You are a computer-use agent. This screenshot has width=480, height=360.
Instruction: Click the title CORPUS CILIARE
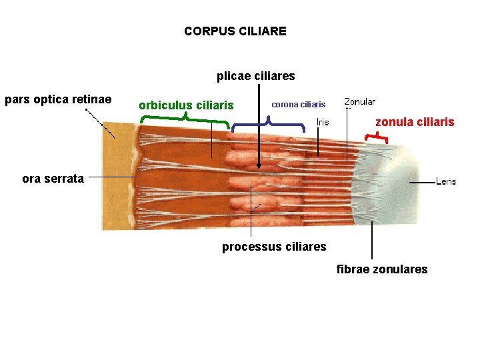(x=235, y=31)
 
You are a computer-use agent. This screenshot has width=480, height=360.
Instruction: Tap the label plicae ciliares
(x=255, y=76)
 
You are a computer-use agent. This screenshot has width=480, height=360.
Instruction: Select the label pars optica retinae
(x=58, y=100)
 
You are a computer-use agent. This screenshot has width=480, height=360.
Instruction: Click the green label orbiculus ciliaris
(x=186, y=105)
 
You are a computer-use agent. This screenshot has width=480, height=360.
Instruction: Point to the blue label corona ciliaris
(x=298, y=105)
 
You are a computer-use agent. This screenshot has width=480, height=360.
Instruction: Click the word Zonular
(x=359, y=102)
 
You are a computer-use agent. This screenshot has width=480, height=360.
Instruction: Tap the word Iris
(x=322, y=122)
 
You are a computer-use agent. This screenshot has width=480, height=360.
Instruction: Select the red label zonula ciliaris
(x=415, y=122)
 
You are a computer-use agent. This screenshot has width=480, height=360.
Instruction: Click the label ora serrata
(x=53, y=178)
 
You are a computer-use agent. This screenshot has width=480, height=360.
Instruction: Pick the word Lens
(x=446, y=181)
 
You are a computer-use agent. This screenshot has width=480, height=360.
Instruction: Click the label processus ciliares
(x=274, y=247)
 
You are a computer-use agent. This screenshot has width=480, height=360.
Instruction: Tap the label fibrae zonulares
(x=382, y=269)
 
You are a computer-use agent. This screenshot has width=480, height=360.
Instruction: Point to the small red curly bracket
(x=377, y=137)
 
